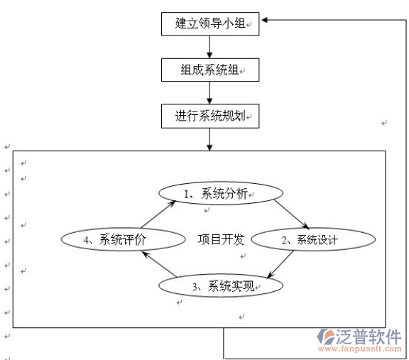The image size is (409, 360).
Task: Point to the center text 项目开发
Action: pos(221,239)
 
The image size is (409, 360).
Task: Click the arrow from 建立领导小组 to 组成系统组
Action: pos(209,47)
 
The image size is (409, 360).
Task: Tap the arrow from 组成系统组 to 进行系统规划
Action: pos(209,93)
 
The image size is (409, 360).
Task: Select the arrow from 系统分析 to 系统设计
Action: pos(292,214)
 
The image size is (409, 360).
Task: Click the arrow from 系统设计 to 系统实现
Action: pos(280,264)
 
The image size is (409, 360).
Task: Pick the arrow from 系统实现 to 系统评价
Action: pos(159,263)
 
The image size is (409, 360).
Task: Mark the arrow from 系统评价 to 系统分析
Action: pos(158,214)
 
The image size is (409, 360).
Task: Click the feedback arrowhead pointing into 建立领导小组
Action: pos(264,20)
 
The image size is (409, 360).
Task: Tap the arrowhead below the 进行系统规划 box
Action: pos(209,148)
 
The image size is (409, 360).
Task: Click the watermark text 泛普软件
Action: pos(369,337)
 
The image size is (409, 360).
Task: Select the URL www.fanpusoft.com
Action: pos(360,349)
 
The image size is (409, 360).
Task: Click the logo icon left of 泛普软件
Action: pos(326,337)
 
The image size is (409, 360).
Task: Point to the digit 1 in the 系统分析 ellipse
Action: pos(187,194)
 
